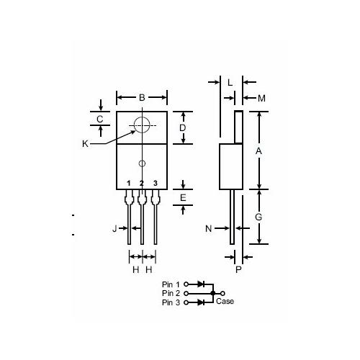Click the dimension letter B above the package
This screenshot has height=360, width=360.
[x=142, y=97]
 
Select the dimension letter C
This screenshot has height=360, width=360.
[x=100, y=118]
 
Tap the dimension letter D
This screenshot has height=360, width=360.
[x=183, y=127]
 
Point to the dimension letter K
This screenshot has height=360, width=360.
[x=85, y=143]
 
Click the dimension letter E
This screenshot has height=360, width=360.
[x=183, y=197]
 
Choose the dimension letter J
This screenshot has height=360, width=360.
[x=114, y=229]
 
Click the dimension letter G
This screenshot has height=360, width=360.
[x=258, y=217]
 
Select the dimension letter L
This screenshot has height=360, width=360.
[x=230, y=83]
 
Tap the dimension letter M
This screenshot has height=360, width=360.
[x=261, y=98]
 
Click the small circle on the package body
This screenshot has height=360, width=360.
[x=142, y=163]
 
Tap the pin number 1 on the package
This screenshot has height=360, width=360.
[x=129, y=184]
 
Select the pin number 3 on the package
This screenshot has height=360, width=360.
[x=155, y=184]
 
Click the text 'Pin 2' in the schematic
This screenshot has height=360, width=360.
[x=171, y=293]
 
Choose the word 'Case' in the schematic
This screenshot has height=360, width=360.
[x=225, y=301]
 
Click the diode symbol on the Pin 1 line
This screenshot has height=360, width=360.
[x=202, y=285]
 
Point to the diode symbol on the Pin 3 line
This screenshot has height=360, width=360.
[x=202, y=302]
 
